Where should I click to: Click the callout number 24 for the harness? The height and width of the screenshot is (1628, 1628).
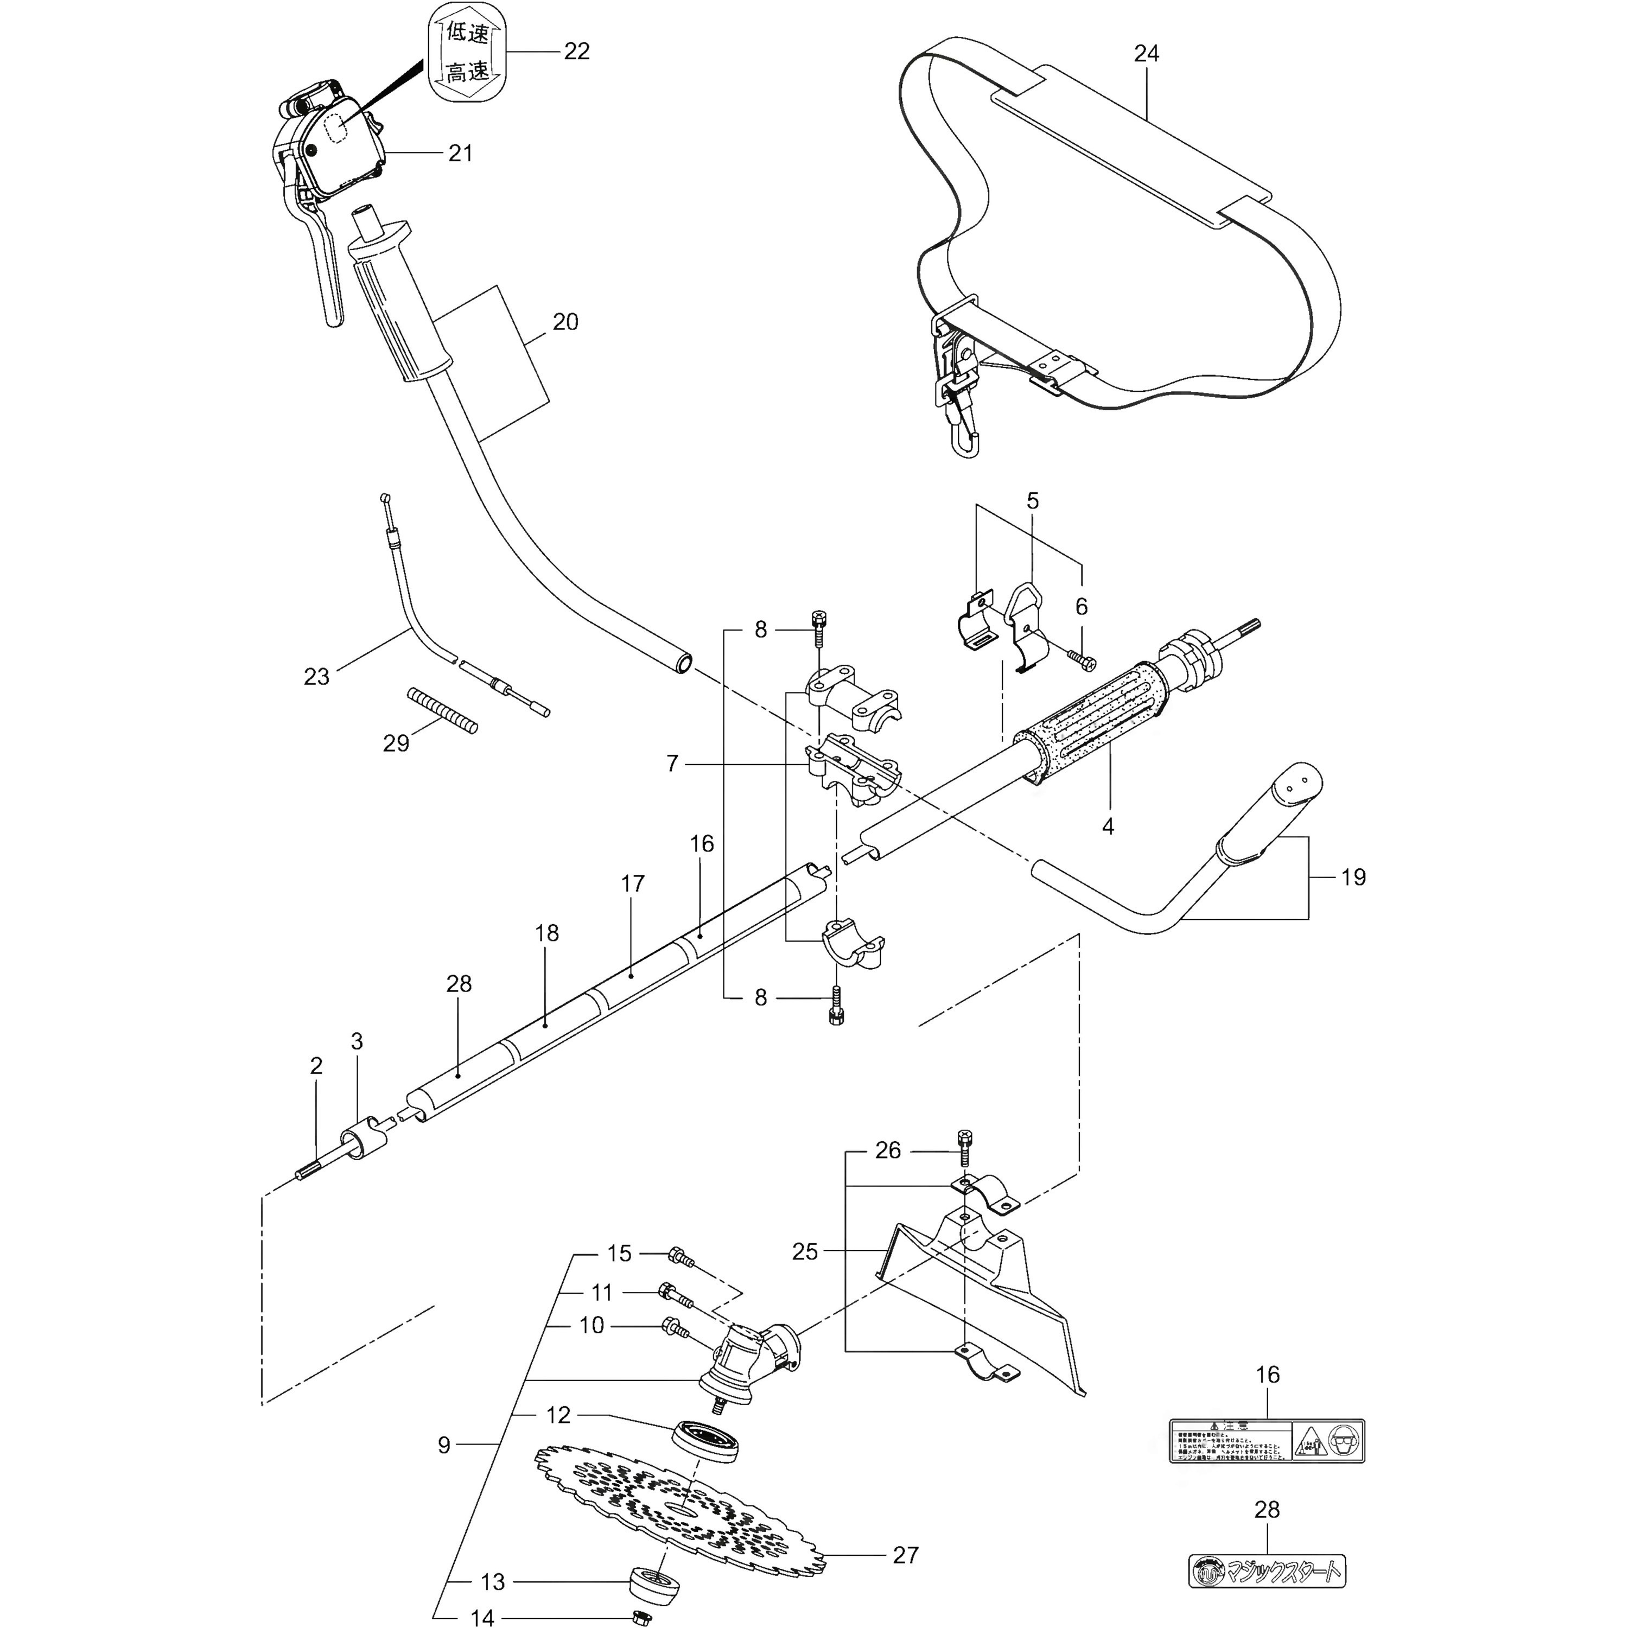pyautogui.click(x=1146, y=54)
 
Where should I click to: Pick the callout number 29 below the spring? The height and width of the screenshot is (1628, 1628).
pyautogui.click(x=396, y=743)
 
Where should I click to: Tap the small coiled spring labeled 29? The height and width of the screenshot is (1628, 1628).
pyautogui.click(x=442, y=710)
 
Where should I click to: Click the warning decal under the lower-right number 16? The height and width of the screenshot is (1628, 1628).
pyautogui.click(x=1267, y=1441)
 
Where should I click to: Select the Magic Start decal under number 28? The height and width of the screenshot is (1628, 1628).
pyautogui.click(x=1267, y=1570)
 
